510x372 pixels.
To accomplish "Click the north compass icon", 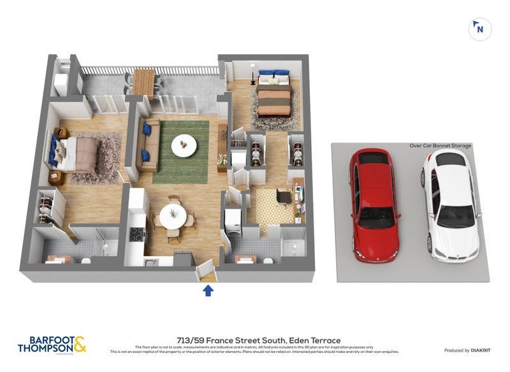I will click(x=480, y=29).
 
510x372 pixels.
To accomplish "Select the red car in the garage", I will click(x=374, y=205).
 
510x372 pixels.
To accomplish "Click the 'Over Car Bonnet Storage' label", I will click(x=440, y=146).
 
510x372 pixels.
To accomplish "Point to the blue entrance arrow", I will click(x=208, y=290).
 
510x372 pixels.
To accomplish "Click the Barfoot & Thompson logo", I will click(x=52, y=344).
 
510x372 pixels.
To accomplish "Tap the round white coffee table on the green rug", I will click(x=184, y=146).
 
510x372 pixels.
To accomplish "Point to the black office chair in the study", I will click(x=284, y=198).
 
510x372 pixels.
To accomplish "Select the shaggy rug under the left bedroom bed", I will click(x=102, y=156).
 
